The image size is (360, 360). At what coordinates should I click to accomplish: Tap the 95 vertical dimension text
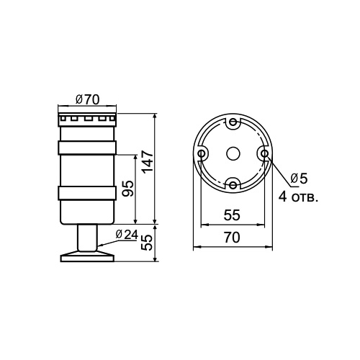coord(127,189)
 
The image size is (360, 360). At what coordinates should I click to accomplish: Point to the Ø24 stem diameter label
coord(126,234)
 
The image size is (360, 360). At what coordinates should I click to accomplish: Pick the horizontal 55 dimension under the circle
coord(232,214)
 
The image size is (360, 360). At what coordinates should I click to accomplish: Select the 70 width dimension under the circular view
coord(232,237)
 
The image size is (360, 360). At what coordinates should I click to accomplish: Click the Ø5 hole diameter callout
coord(298,179)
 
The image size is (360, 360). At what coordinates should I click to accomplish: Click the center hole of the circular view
coord(233,153)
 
